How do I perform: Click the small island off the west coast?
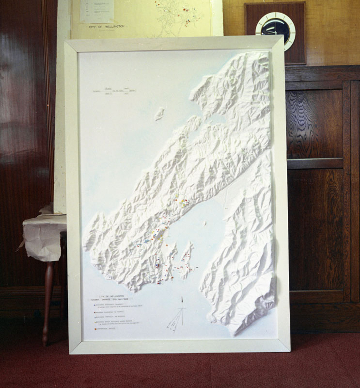click(x=159, y=114)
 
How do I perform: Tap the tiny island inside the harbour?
click(x=205, y=224)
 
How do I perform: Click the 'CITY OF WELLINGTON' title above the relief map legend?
click(x=111, y=295)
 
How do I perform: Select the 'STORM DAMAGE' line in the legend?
click(x=112, y=299)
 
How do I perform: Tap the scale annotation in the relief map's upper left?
click(x=114, y=92)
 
